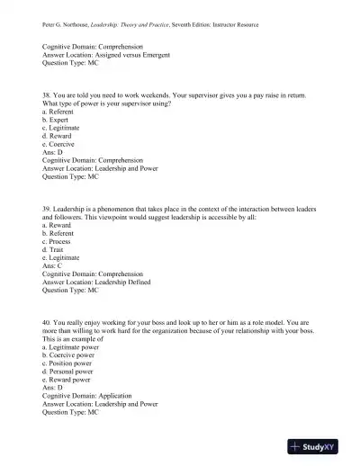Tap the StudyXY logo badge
pos(319,446)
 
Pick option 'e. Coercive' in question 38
pos(61,144)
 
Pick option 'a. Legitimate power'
pos(76,344)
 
